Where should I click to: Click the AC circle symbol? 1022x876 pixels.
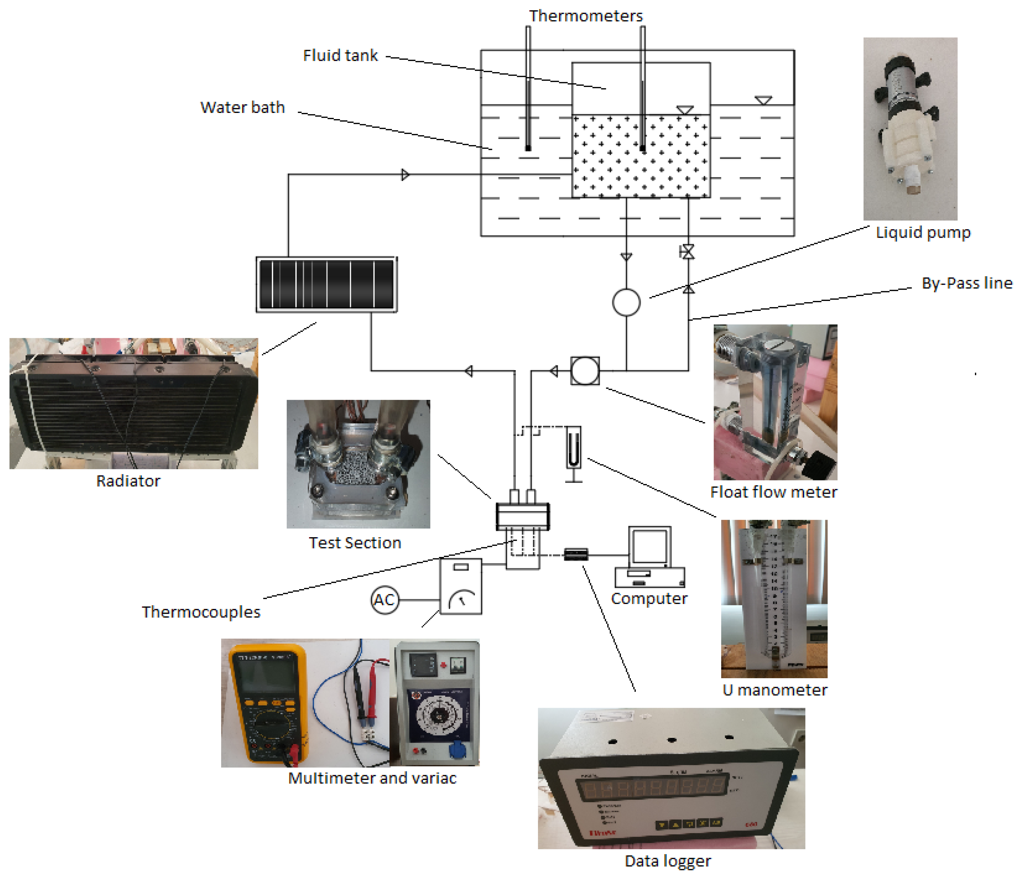pyautogui.click(x=384, y=600)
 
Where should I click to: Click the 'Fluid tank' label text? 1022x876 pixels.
pyautogui.click(x=340, y=55)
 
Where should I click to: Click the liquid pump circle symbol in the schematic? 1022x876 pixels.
pyautogui.click(x=626, y=302)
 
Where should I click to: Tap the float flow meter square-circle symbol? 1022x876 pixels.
pyautogui.click(x=585, y=370)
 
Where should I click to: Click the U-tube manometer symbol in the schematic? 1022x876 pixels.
pyautogui.click(x=573, y=451)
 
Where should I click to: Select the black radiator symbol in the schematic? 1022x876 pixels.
pyautogui.click(x=326, y=284)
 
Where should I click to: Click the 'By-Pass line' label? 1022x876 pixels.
pyautogui.click(x=967, y=283)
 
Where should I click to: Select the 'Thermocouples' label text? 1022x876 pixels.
pyautogui.click(x=201, y=612)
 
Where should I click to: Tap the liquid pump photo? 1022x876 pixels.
pyautogui.click(x=910, y=128)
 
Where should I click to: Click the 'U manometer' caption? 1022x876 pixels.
pyautogui.click(x=774, y=689)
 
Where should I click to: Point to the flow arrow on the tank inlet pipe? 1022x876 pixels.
pyautogui.click(x=405, y=175)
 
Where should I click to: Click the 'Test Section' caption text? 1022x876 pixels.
pyautogui.click(x=355, y=543)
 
